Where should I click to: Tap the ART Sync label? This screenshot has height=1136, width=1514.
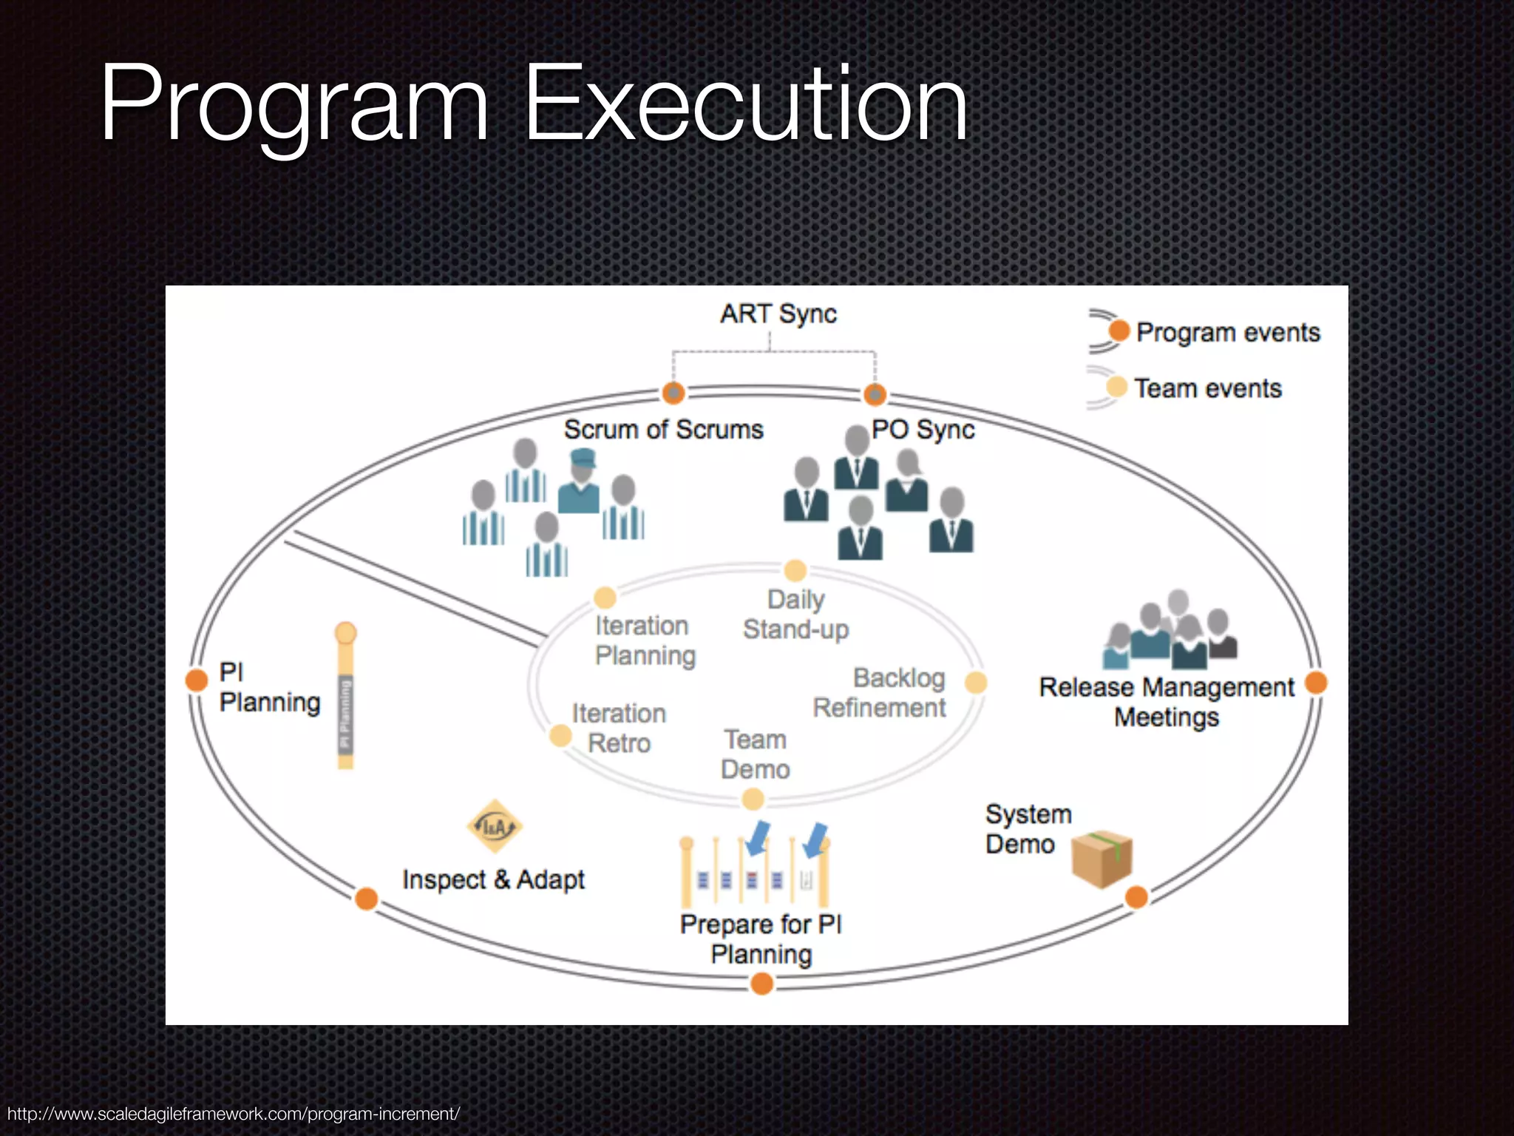778,314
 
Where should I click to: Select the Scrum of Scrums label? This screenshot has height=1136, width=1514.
663,430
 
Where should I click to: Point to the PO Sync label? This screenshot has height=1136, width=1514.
923,430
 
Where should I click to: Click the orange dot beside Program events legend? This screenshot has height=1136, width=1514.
1119,331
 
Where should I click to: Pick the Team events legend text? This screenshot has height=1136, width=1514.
1208,388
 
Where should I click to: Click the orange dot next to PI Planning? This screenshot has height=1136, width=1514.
197,680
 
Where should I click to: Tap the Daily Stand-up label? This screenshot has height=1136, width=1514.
795,615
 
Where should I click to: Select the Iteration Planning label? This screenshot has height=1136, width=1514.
645,640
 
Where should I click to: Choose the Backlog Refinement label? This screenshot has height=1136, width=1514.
880,693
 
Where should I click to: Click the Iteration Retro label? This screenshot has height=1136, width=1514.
619,728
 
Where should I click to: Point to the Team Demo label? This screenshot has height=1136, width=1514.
755,754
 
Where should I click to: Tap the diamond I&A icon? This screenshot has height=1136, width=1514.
495,826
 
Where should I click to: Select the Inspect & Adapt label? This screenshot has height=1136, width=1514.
493,880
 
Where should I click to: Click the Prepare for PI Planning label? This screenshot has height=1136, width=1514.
761,939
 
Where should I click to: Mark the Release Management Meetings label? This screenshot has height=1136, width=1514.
1167,702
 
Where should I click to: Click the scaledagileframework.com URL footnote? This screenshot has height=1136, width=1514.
234,1114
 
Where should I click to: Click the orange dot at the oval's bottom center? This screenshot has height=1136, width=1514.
761,984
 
